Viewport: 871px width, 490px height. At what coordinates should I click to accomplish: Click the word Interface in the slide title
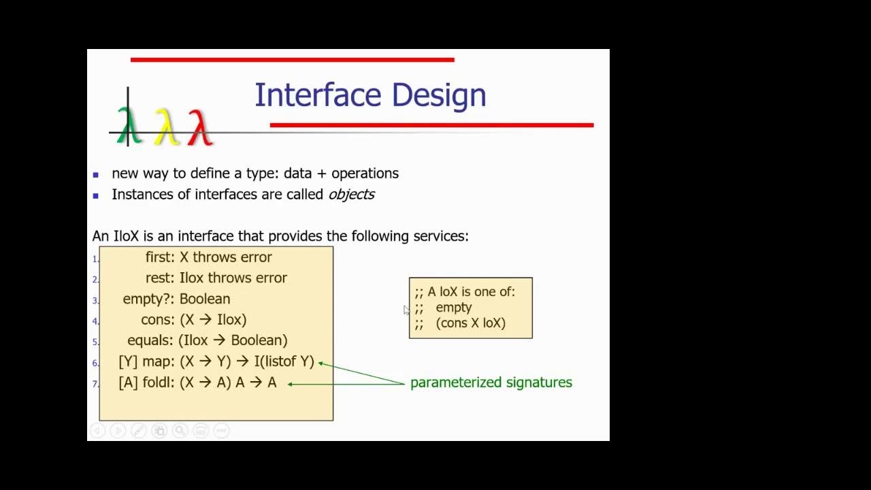pos(319,95)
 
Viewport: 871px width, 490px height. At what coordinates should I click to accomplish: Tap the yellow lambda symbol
pos(165,127)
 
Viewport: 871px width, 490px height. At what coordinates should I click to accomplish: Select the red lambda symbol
pos(199,127)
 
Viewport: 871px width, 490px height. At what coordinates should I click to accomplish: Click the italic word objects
pos(351,195)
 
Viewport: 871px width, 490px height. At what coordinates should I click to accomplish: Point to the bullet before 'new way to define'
pos(96,175)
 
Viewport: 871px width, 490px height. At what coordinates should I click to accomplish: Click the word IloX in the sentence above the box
pos(126,236)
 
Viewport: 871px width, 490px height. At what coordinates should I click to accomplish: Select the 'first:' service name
pos(161,257)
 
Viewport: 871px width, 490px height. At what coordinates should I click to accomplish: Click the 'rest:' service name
pos(160,278)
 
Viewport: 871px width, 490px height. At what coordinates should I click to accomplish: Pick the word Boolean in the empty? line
pos(204,299)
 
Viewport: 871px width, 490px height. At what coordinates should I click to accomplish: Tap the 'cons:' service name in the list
pos(158,320)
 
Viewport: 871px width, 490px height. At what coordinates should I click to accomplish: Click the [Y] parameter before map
pos(128,361)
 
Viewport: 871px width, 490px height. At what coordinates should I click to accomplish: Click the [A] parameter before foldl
pos(128,382)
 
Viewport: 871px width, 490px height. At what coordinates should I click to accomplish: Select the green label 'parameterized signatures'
pos(491,382)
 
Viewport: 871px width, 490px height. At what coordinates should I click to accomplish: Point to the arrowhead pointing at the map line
pos(321,363)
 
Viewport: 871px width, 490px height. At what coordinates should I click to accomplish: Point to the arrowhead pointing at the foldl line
pos(291,384)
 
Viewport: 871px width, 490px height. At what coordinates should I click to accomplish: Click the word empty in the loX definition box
pos(453,308)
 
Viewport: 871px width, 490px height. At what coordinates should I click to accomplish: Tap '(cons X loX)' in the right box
pos(470,323)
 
